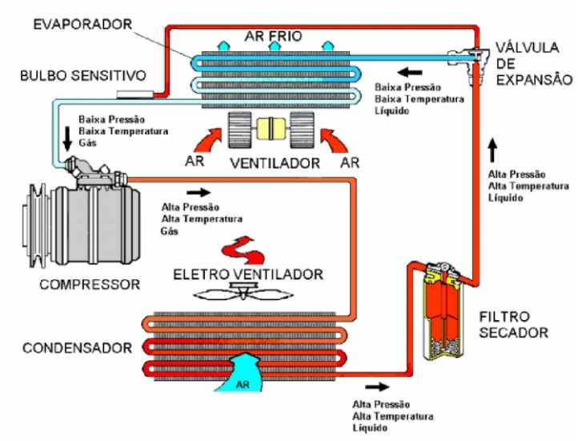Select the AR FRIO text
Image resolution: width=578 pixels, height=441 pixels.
[x=274, y=36]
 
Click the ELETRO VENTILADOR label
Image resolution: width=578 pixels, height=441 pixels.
[x=248, y=275]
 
